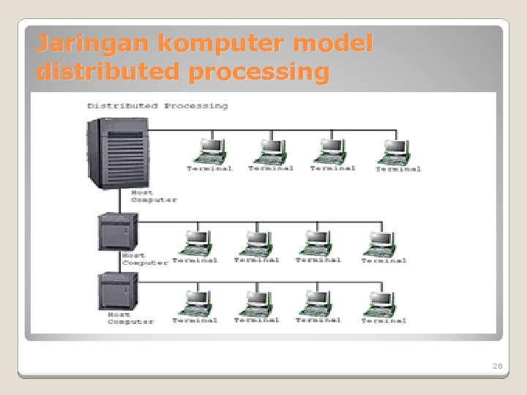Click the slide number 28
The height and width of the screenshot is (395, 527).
tap(498, 366)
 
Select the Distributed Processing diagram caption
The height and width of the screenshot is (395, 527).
tap(157, 106)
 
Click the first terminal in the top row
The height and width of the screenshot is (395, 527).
tap(210, 151)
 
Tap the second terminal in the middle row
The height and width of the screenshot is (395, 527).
tap(257, 242)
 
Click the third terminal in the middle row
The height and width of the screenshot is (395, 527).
tap(318, 242)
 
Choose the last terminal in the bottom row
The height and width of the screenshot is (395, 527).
tap(383, 302)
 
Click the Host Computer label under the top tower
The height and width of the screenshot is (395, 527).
tap(154, 197)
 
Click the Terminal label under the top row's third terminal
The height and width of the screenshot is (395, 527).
tap(332, 168)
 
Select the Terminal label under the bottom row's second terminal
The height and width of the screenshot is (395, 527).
tap(256, 320)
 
